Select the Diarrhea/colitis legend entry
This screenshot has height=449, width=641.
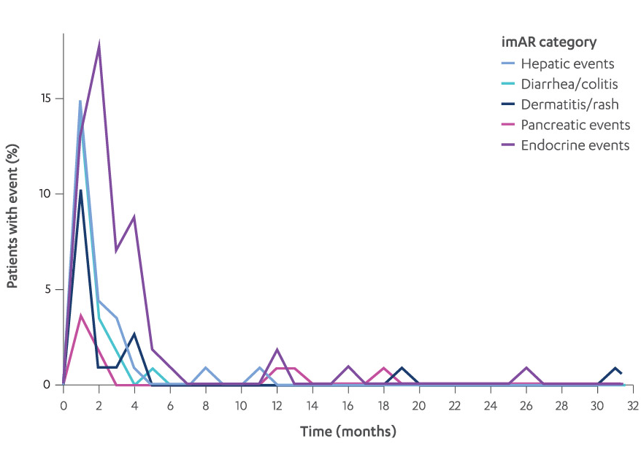coord(569,84)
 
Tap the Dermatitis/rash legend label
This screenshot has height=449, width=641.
coord(569,104)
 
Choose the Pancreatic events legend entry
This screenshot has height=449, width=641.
coord(575,125)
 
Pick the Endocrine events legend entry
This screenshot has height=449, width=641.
coord(575,145)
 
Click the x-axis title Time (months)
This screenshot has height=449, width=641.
coord(348,431)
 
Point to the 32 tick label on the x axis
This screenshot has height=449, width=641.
coord(633,404)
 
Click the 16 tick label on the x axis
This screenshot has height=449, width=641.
coord(348,404)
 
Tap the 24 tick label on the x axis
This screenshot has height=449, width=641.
coord(491,404)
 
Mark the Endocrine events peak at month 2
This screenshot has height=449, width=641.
coord(99,45)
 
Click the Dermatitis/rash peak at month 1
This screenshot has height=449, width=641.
coord(81,191)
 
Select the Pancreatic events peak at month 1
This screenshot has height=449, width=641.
coord(81,315)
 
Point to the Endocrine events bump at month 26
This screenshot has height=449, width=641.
coord(526,367)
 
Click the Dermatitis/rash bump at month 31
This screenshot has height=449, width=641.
coord(615,368)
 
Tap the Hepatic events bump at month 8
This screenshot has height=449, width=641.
coord(206,367)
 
